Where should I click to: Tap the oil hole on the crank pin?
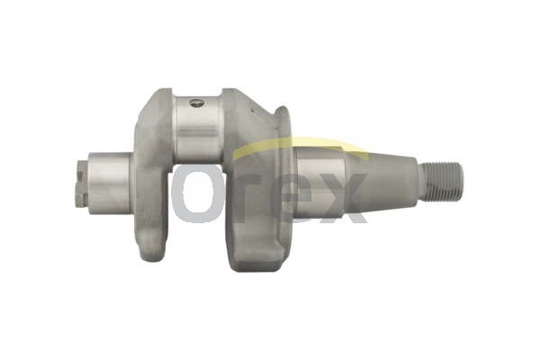point(196,103)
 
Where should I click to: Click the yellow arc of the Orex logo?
point(299,146)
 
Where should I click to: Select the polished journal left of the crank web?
point(110,184)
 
